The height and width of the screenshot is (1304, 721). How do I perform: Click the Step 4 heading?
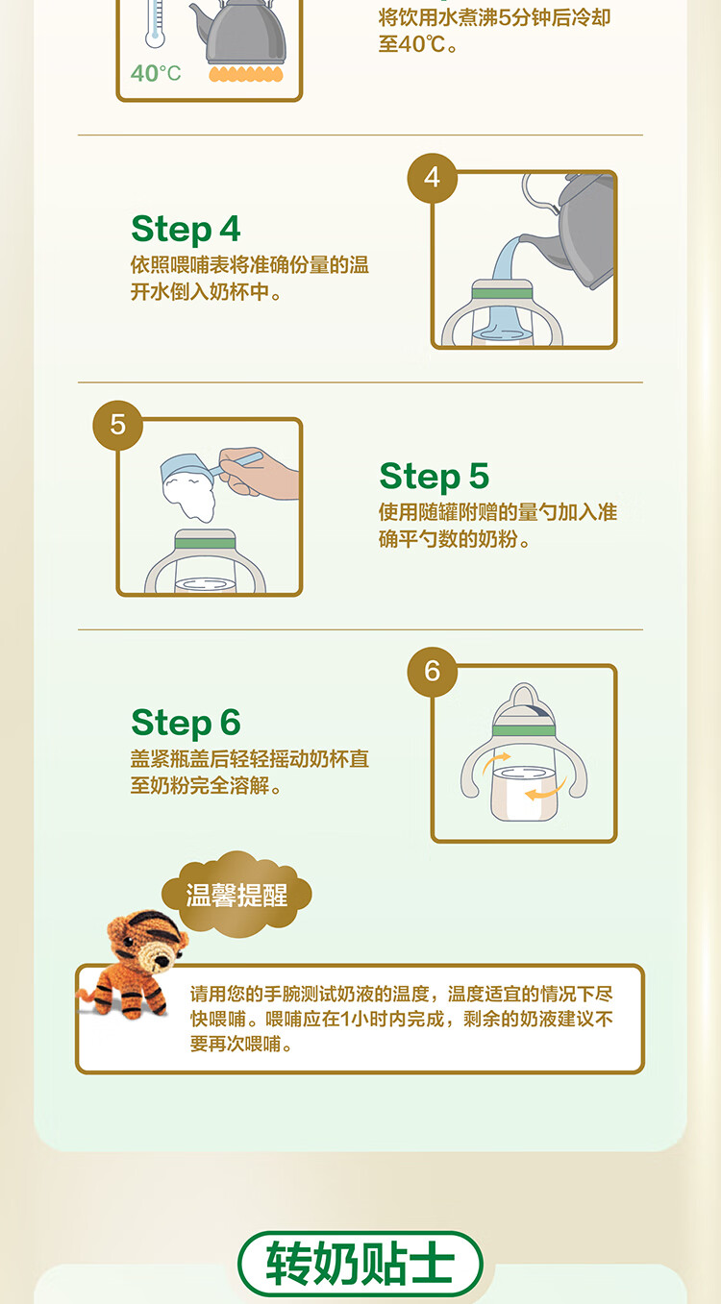[x=186, y=229]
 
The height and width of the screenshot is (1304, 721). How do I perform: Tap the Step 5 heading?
[x=434, y=477]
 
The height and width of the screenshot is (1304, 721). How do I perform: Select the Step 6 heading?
[x=186, y=723]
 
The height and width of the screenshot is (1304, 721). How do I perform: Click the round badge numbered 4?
[x=433, y=178]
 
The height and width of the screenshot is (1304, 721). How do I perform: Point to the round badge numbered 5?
[x=117, y=425]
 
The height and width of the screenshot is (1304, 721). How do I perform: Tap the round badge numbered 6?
[x=433, y=672]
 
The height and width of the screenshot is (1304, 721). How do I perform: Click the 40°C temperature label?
[x=156, y=73]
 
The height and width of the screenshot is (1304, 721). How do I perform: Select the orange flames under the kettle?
[x=246, y=74]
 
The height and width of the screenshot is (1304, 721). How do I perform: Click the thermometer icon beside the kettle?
[x=155, y=23]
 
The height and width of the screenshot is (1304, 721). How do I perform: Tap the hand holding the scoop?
[x=261, y=472]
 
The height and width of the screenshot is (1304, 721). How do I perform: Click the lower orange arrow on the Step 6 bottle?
[x=546, y=789]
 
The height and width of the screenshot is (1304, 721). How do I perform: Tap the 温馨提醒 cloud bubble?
[x=236, y=895]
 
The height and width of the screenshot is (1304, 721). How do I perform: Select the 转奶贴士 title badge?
[x=360, y=1264]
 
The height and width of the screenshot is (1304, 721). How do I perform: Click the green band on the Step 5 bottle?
[x=205, y=544]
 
